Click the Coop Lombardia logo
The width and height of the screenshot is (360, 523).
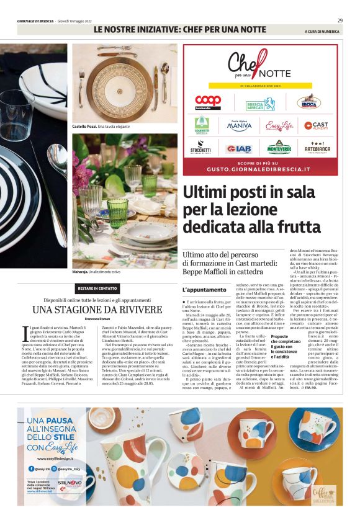click(x=208, y=102)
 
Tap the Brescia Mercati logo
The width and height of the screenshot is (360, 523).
click(x=260, y=104)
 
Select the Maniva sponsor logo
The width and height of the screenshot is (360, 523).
click(x=239, y=125)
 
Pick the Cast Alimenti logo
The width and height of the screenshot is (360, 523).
click(x=316, y=125)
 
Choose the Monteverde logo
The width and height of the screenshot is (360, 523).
click(x=279, y=148)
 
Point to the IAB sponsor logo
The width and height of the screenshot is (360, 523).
click(x=239, y=148)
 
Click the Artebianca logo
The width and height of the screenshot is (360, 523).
click(x=317, y=148)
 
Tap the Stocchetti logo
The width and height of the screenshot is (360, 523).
click(x=200, y=148)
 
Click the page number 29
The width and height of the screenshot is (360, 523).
click(x=340, y=20)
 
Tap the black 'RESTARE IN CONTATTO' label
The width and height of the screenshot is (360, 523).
click(x=97, y=288)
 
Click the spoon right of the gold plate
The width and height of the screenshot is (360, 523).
click(x=165, y=78)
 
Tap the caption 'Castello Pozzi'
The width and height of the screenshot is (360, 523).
click(x=86, y=127)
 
